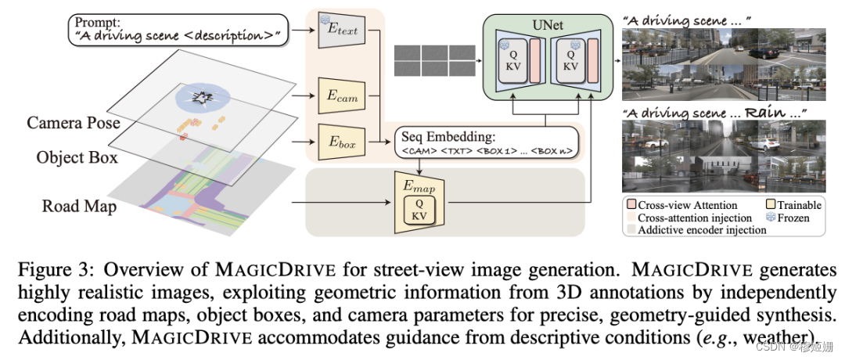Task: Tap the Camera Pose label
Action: [x=74, y=123]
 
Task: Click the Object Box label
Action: [x=77, y=157]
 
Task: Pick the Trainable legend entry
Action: [x=791, y=205]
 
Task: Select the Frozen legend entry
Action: [x=790, y=218]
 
